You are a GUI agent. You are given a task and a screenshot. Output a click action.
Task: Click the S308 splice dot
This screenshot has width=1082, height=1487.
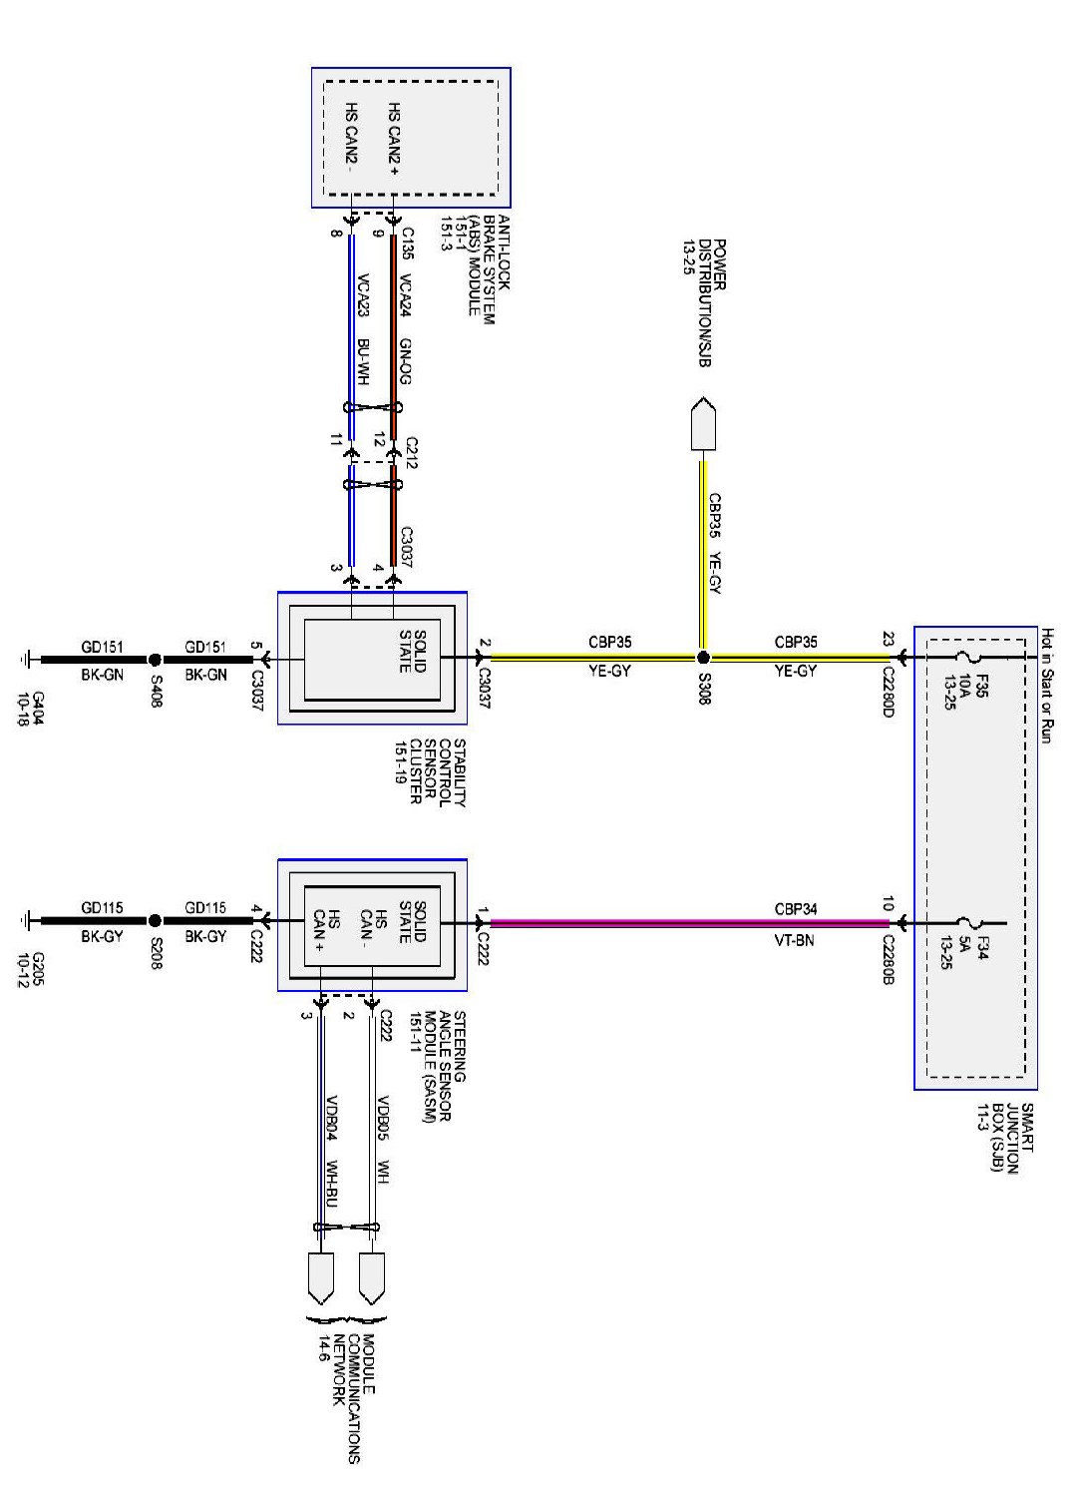click(x=703, y=658)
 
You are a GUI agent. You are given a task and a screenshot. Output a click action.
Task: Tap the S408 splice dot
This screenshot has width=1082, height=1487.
click(x=155, y=660)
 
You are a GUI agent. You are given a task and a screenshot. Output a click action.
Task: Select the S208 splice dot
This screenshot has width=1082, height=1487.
click(x=155, y=921)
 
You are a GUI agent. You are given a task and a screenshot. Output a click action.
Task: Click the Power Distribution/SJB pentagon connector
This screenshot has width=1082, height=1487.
click(x=703, y=425)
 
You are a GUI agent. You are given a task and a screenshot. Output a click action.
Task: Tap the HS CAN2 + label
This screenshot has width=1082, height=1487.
click(x=395, y=140)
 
